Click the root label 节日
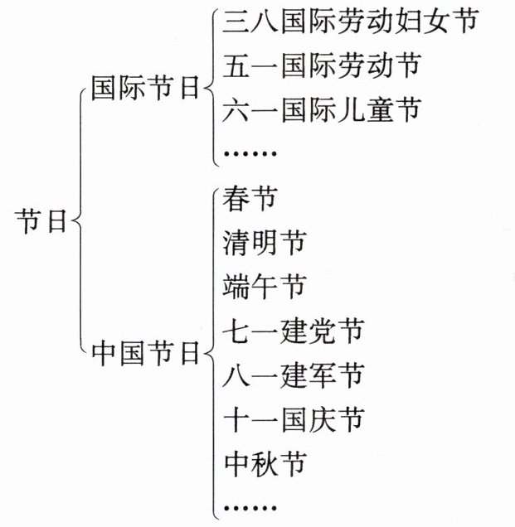tap(41, 222)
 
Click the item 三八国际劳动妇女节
tap(351, 22)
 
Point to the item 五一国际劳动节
tap(322, 65)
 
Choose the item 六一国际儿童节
tap(322, 109)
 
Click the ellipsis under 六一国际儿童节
tap(250, 153)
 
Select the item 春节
tap(250, 200)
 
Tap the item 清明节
tap(265, 244)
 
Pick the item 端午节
tap(265, 288)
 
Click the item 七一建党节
tap(293, 331)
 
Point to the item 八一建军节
tap(293, 375)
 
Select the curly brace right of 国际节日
tap(210, 89)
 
